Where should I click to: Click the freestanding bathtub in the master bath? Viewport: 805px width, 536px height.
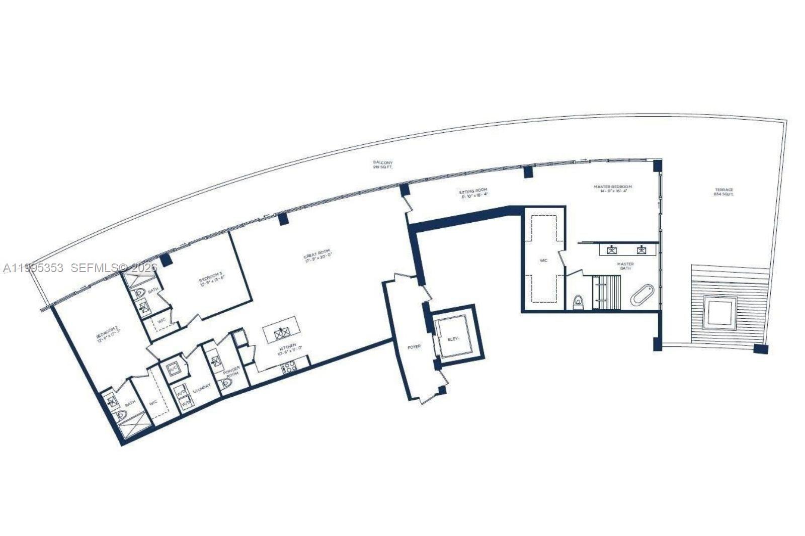coord(642,295)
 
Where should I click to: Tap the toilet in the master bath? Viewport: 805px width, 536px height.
coord(578,302)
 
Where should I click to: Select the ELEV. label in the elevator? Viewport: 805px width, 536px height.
coord(454,340)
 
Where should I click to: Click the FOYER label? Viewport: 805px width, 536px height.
coord(414,347)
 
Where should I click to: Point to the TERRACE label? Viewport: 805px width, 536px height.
coord(724,192)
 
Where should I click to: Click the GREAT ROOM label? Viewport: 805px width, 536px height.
coord(318,255)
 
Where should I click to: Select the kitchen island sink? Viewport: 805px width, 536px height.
coord(281,333)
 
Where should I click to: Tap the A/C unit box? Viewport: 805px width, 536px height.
coord(174,368)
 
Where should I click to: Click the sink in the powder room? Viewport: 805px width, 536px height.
coord(216,361)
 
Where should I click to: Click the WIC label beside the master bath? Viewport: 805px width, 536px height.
coord(543,260)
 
